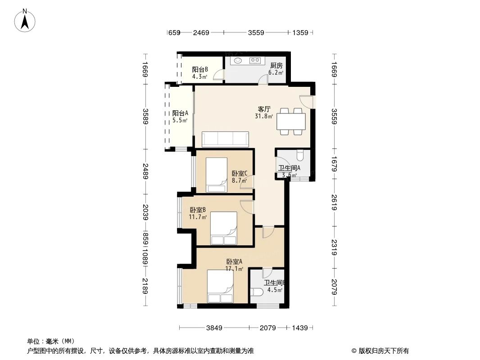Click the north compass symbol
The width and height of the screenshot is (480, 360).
(25, 20)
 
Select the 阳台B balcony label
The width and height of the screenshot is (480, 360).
(199, 69)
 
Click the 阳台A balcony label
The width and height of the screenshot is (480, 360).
(180, 113)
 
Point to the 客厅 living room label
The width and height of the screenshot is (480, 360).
(264, 109)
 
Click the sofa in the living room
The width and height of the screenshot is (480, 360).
(225, 139)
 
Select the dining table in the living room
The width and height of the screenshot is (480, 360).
(291, 121)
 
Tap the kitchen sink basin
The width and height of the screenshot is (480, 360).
(238, 60)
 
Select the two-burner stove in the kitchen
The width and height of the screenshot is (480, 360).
(255, 60)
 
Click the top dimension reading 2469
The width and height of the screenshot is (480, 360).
(201, 32)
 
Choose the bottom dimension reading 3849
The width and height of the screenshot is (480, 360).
(215, 328)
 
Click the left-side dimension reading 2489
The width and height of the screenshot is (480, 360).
(145, 171)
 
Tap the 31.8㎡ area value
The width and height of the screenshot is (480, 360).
(264, 116)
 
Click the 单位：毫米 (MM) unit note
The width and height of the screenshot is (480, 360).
(51, 341)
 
